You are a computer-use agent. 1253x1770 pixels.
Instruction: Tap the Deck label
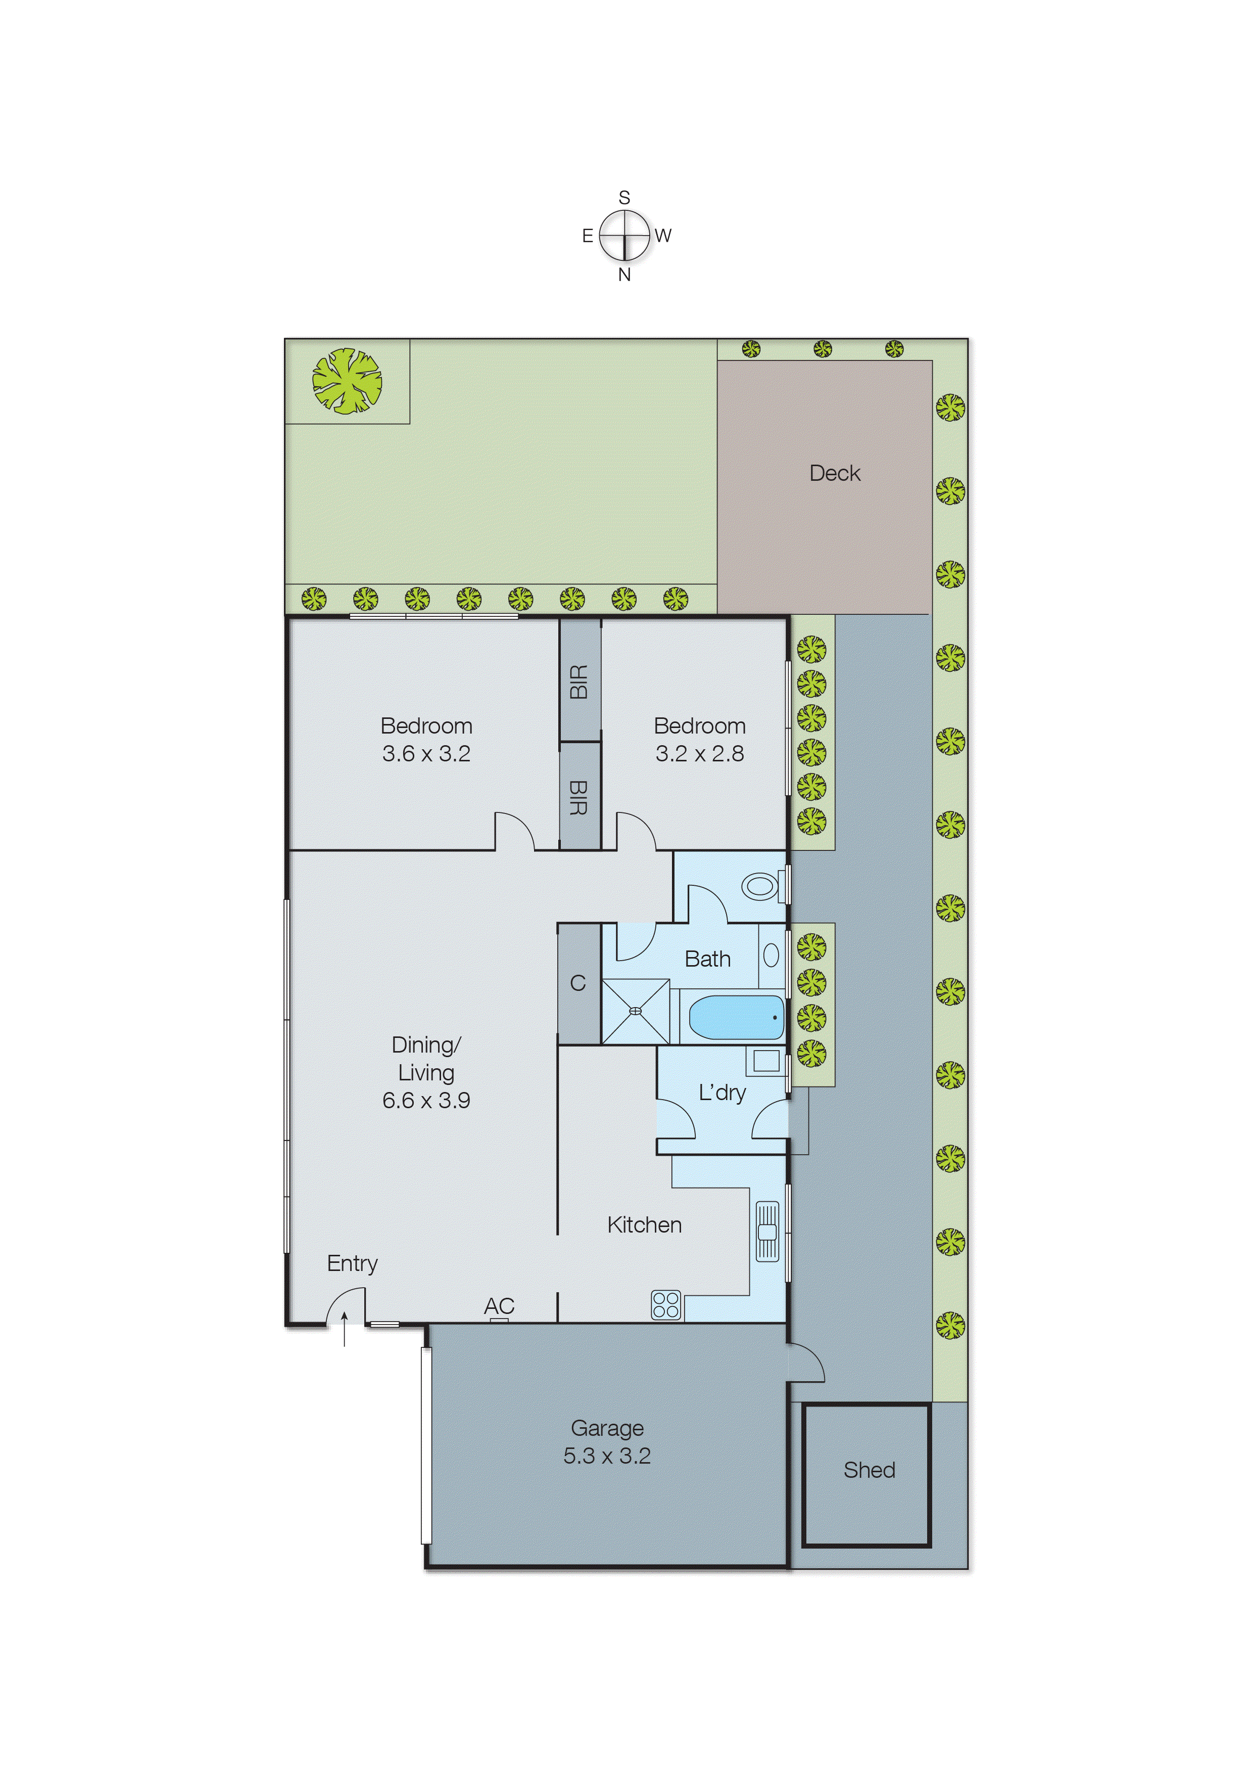834,473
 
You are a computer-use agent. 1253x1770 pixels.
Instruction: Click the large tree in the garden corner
347,381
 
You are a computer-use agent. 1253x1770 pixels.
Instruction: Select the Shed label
869,1470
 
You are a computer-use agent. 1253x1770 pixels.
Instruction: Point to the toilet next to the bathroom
761,886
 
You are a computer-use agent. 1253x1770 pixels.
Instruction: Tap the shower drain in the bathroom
636,1011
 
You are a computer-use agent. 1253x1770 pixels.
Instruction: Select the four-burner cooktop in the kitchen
666,1304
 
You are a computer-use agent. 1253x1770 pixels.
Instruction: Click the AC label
499,1306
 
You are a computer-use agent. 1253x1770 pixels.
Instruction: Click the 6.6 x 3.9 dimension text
426,1100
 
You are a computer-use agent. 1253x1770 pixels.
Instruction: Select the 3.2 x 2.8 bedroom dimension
700,753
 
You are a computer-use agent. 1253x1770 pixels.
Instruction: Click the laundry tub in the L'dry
765,1061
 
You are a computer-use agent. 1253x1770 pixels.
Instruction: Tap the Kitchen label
644,1225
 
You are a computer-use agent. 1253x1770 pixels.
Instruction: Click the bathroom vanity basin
771,956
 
